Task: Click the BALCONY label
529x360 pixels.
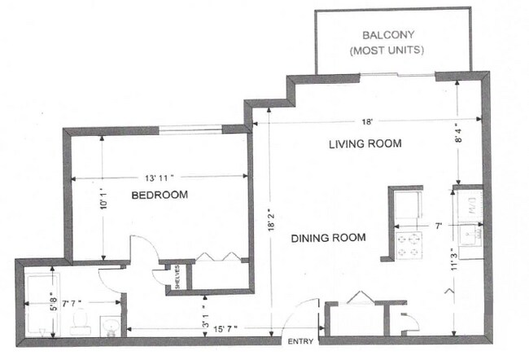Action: pos(388,35)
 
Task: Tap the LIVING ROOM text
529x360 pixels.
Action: pos(365,144)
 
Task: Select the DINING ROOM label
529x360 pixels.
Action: pos(328,238)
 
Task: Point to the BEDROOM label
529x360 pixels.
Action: pos(160,195)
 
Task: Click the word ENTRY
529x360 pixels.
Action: pos(300,342)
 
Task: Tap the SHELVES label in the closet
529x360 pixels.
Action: pos(177,277)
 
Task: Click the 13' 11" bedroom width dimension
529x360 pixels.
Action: pos(160,178)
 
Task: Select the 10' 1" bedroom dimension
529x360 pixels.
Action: pos(104,200)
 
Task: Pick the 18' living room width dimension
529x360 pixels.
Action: pos(367,121)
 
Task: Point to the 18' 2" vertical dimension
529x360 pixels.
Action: pos(271,222)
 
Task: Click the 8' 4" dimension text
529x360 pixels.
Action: pos(459,134)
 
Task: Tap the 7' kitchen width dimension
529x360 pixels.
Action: pos(438,226)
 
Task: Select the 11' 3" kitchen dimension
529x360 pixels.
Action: pos(455,261)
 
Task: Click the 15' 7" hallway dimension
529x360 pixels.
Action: pos(225,328)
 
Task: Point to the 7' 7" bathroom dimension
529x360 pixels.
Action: pos(72,303)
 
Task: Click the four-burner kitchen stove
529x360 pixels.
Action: pos(409,245)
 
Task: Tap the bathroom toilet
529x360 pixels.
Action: pos(81,322)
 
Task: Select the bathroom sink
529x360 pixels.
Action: pos(111,327)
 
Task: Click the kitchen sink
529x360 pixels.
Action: pos(470,235)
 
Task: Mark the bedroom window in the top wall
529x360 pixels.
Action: pos(190,129)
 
